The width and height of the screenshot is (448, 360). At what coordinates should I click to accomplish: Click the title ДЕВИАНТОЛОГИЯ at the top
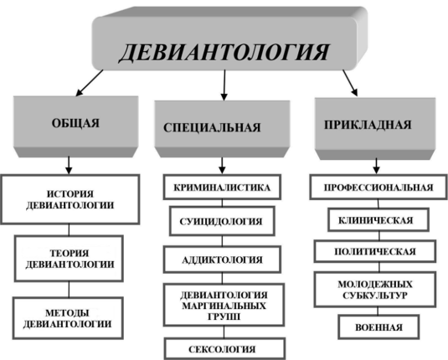coord(224,52)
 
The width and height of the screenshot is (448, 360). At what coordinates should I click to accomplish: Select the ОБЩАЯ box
coord(76,126)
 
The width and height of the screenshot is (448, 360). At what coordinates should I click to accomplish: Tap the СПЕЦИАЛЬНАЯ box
coord(222,129)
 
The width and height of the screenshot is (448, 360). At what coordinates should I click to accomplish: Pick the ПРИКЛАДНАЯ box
coord(375,129)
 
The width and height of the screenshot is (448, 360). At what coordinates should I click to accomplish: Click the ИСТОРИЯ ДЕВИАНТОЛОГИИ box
coord(70,199)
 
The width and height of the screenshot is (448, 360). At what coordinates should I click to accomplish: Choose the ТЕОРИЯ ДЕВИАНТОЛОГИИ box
coord(69,259)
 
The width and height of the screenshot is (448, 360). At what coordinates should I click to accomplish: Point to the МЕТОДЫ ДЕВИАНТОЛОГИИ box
coord(68,318)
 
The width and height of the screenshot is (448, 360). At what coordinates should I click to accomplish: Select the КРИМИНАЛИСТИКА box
coord(222,188)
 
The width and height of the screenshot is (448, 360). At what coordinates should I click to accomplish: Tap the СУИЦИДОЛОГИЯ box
coord(222,221)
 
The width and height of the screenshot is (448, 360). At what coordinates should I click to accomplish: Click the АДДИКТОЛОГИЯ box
coord(222,260)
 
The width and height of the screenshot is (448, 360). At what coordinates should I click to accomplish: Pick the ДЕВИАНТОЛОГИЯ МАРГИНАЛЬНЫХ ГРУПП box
coord(224,305)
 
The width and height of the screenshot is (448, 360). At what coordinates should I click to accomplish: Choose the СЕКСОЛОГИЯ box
coord(225,348)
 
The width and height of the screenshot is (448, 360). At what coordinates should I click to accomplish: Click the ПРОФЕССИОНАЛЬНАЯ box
coord(378,188)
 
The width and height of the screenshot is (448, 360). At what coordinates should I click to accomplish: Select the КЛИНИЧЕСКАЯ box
coord(378,219)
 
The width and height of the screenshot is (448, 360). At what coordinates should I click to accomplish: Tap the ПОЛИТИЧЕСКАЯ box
coord(375,251)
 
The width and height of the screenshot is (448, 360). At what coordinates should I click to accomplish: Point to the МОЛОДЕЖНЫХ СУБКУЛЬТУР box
coord(375,290)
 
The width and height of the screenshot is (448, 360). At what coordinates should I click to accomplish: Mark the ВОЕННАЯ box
coord(378,327)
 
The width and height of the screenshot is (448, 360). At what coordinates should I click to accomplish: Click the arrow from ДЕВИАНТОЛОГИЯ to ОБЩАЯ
coord(90,83)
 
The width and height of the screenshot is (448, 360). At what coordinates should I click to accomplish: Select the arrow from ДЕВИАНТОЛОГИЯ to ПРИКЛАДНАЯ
coord(350,83)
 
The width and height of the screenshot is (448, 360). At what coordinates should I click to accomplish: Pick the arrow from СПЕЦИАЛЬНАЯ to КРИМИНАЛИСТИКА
coord(222,166)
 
